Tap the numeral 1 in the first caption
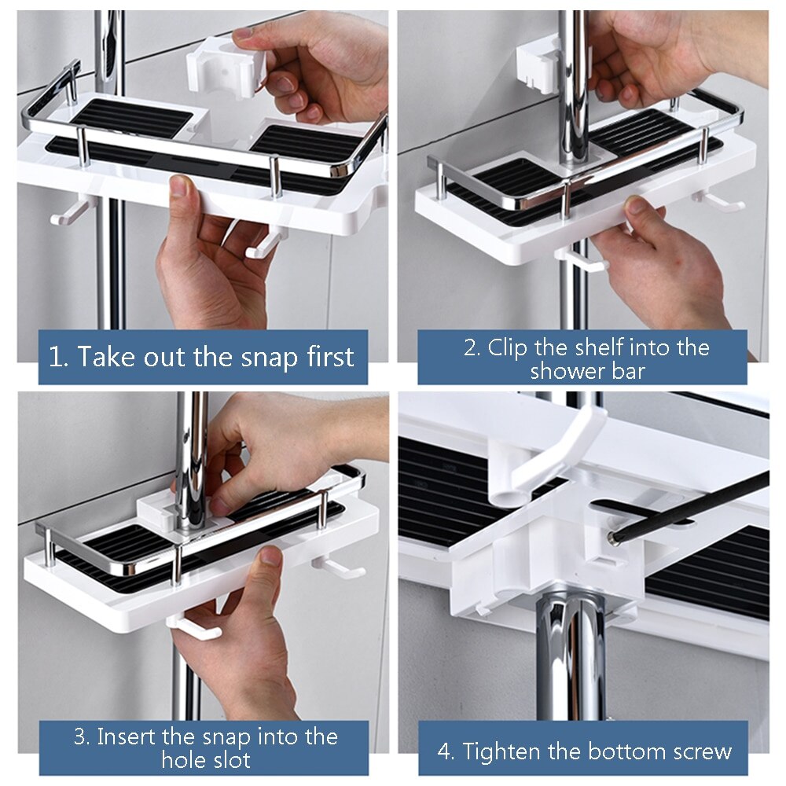(x=55, y=357)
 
